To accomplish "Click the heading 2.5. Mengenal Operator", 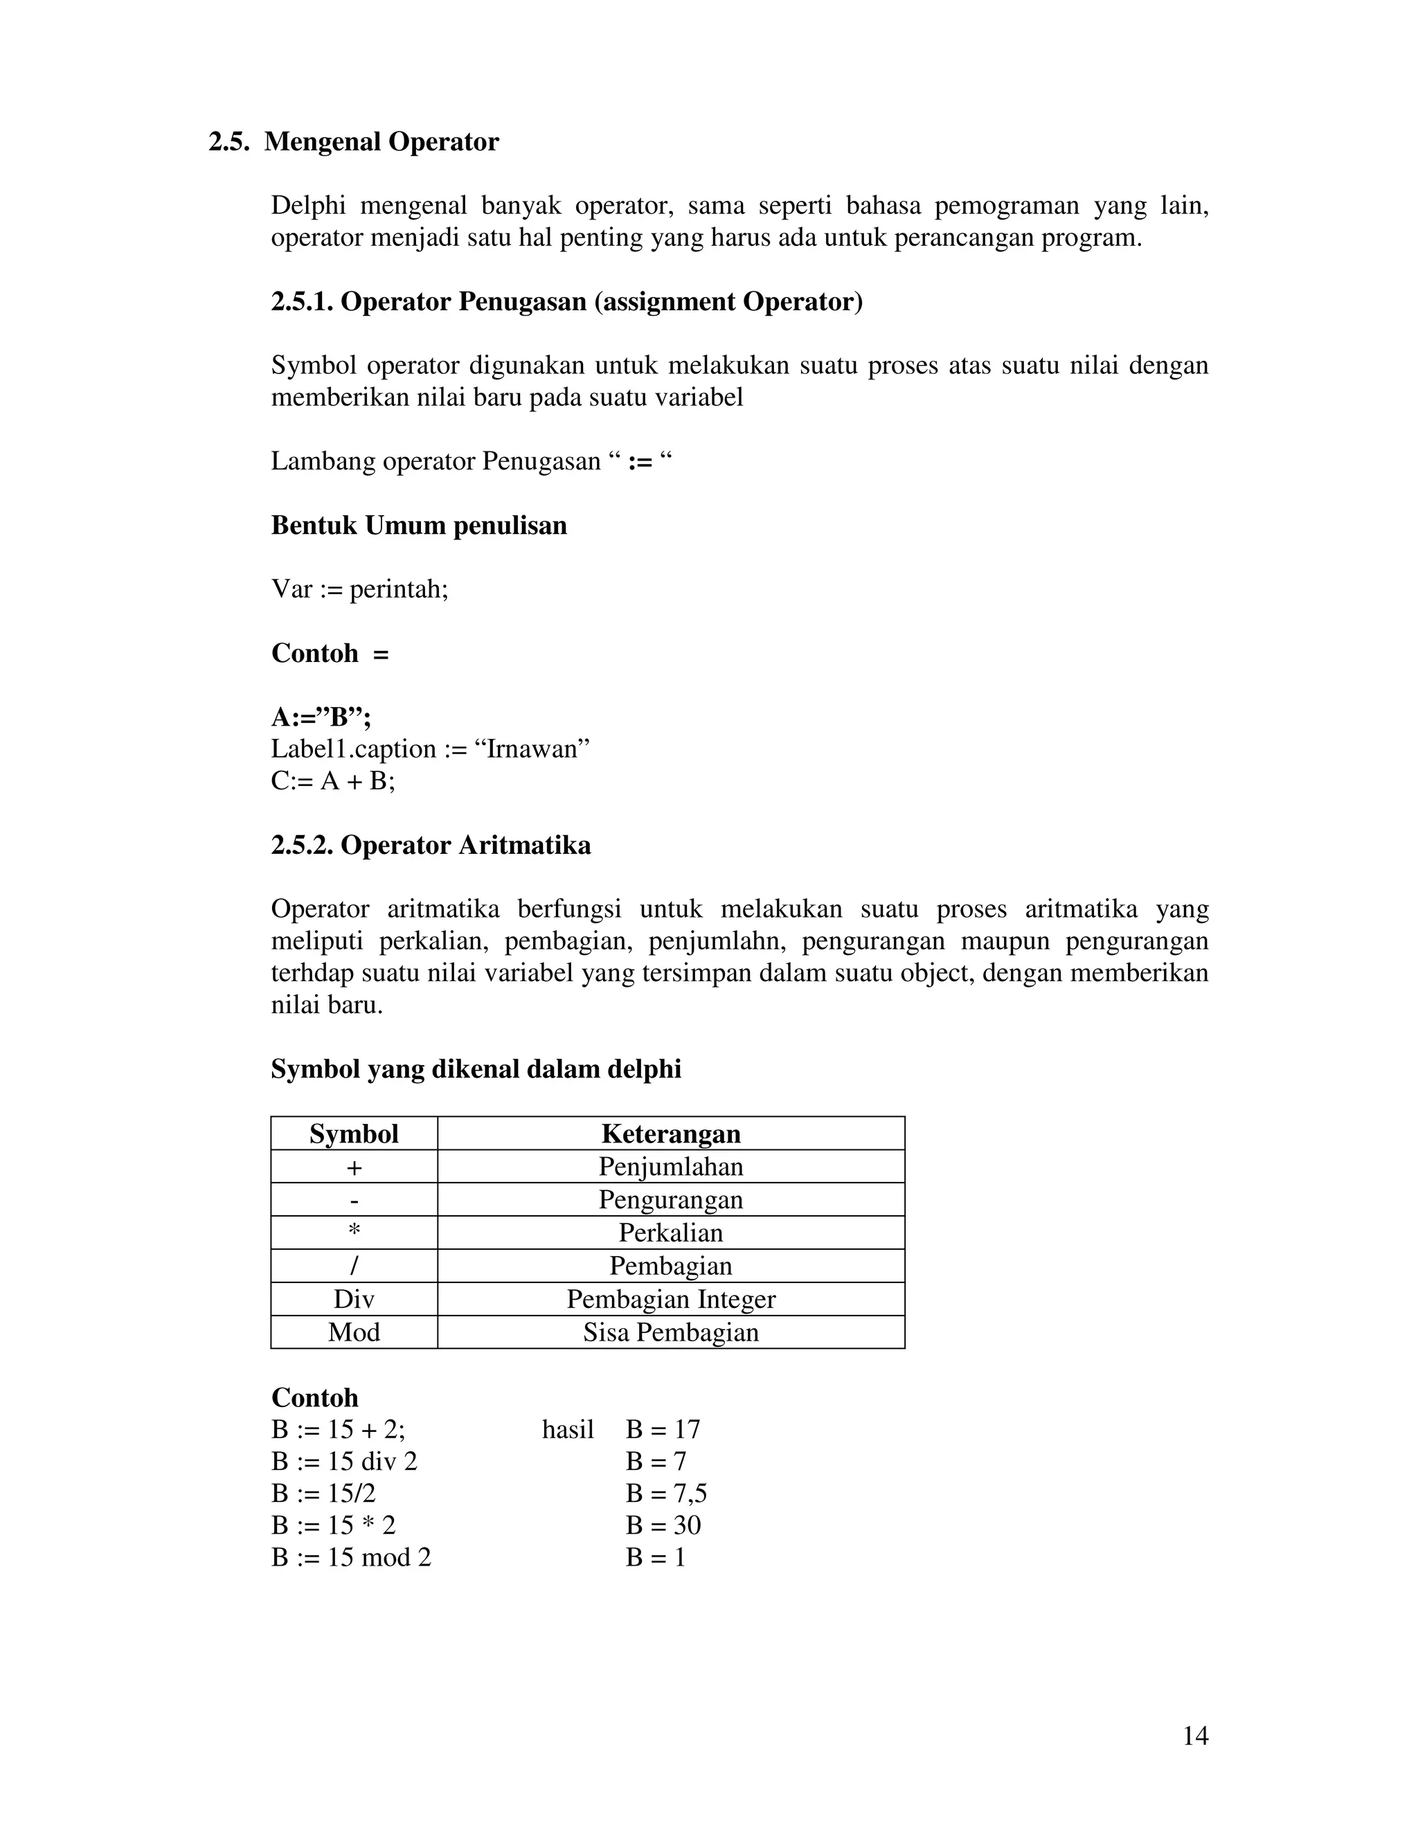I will point(354,142).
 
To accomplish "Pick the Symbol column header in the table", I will point(354,1134).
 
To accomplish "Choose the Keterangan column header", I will point(670,1134).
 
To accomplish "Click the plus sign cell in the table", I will point(354,1167).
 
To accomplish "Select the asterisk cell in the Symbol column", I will point(354,1233).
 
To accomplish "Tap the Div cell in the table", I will point(354,1299).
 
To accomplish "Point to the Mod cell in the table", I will point(354,1332).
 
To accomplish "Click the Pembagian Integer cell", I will point(670,1299).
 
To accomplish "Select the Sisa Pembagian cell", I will point(670,1332).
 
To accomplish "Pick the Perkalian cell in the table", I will point(670,1233).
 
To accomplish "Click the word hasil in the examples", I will point(568,1429).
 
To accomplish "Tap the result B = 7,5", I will point(666,1493).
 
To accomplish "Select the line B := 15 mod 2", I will point(351,1557).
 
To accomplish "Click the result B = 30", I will point(663,1525).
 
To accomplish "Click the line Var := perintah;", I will point(359,589).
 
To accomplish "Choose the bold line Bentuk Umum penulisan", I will point(418,525).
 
